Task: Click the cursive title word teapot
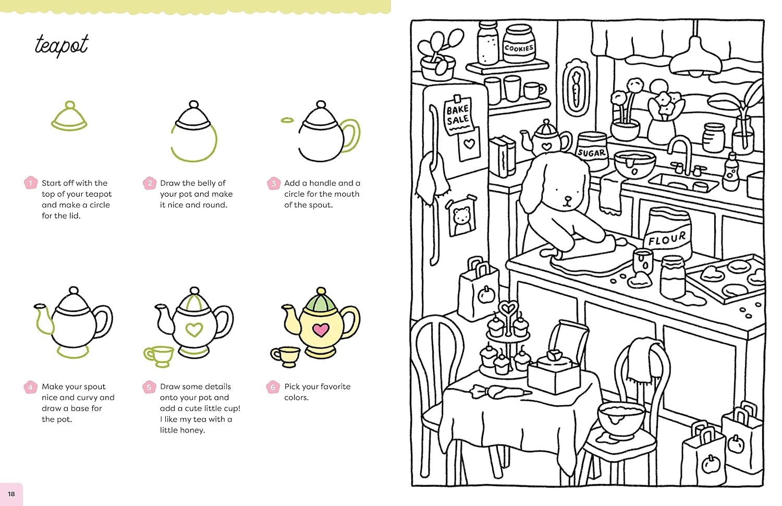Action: tap(62, 45)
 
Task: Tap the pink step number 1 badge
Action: tap(30, 183)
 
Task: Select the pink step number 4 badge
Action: tap(30, 387)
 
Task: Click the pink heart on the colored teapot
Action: tap(321, 330)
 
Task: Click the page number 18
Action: tap(11, 493)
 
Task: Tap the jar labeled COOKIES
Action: tap(519, 45)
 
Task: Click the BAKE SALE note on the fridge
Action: tap(457, 114)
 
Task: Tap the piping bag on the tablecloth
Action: tap(500, 391)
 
